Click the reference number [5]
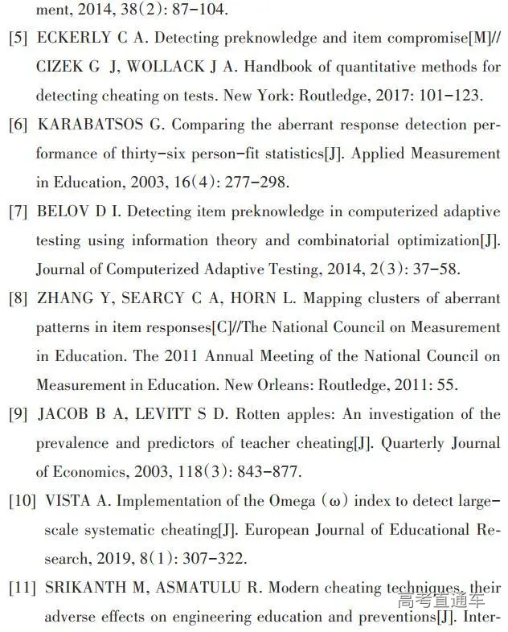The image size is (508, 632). click(x=18, y=39)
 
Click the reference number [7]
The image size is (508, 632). click(x=18, y=212)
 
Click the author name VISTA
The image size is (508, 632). click(x=68, y=501)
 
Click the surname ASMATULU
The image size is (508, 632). click(x=198, y=588)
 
